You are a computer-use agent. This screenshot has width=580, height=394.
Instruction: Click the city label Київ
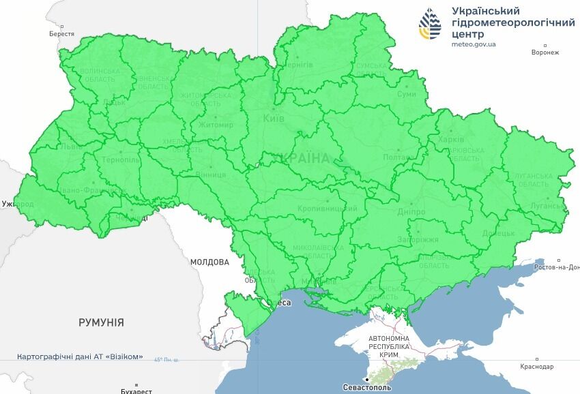[274, 119]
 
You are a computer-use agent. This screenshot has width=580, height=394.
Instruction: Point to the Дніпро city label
[411, 212]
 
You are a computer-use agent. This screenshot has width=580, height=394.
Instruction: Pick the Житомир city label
[215, 125]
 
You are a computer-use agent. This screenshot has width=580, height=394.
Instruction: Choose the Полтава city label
[399, 157]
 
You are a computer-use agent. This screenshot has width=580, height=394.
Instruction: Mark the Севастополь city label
[367, 387]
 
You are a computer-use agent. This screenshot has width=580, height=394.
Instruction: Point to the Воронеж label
[545, 52]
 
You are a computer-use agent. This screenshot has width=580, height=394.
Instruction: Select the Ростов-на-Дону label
[557, 267]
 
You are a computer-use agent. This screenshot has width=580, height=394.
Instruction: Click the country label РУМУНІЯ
[101, 322]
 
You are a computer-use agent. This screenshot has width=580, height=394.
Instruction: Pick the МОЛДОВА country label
[209, 262]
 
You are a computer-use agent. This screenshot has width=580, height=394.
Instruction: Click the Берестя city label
[62, 33]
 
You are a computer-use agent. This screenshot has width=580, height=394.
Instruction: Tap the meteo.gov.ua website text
[474, 44]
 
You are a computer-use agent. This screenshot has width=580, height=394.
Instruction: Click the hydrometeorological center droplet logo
[430, 25]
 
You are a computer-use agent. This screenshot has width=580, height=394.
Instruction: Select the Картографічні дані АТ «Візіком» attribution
[81, 357]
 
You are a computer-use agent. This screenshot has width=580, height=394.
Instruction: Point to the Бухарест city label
[136, 391]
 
